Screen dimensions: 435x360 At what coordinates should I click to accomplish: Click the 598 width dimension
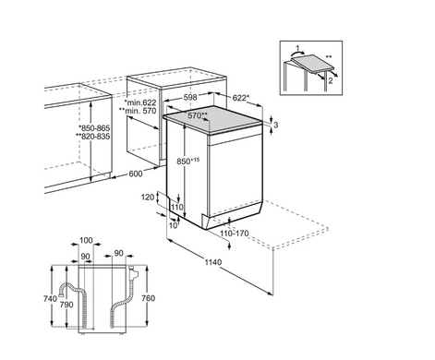point(190,98)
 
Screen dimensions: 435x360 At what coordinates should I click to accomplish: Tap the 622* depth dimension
point(240,98)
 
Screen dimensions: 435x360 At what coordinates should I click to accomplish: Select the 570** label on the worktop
point(198,115)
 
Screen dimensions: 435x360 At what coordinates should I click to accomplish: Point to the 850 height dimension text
point(188,161)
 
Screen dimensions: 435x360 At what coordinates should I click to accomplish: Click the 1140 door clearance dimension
point(213,262)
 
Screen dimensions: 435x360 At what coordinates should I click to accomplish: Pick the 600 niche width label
point(136,174)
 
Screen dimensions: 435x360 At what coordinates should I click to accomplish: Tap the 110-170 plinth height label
point(235,234)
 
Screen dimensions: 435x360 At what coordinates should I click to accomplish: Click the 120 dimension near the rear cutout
point(148,197)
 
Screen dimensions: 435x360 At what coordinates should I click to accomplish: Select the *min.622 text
point(140,102)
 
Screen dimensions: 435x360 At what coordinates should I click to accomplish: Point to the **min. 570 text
point(138,111)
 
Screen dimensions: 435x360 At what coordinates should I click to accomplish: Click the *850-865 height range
point(94,128)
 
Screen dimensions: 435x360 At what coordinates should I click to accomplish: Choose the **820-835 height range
point(92,136)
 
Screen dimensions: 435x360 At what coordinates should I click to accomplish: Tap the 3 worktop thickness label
point(276,125)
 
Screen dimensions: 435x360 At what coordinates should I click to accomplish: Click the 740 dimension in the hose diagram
point(50,298)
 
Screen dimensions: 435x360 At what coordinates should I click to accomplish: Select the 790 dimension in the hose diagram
point(66,305)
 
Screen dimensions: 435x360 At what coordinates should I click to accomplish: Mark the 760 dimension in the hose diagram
point(148,298)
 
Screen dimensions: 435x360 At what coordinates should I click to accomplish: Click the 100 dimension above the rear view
point(86,240)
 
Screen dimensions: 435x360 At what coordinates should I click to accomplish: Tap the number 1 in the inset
point(297,48)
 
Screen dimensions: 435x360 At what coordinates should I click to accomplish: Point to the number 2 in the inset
point(331,81)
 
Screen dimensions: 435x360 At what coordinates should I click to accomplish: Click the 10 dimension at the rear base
point(174,225)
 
